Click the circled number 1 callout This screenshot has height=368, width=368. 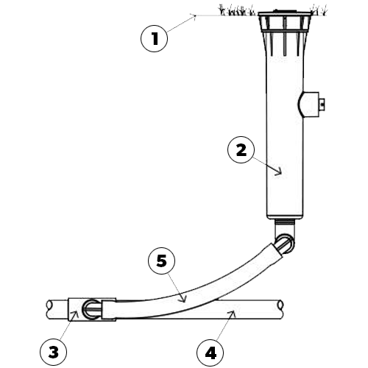155,38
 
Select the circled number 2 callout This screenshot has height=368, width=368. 241,149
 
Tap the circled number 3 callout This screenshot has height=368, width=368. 53,353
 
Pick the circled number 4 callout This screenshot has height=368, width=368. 210,353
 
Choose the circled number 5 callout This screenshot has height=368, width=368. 161,261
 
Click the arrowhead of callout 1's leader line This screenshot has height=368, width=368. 194,15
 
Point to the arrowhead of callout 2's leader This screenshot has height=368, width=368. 280,173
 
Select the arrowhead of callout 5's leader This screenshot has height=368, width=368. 184,300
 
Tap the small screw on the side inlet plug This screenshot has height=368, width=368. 322,105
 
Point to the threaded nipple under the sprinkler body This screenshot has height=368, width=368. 284,222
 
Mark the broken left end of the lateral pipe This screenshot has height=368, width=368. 49,310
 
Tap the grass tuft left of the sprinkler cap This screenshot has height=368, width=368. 236,10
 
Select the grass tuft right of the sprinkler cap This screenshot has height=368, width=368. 319,10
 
